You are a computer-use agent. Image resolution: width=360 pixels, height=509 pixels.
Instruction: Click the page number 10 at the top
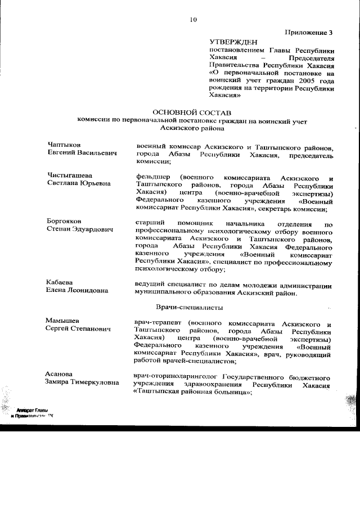(x=193, y=20)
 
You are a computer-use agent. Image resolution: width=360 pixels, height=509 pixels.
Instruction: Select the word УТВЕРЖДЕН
(x=233, y=42)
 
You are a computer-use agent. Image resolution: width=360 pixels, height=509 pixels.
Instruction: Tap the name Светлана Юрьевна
(x=79, y=184)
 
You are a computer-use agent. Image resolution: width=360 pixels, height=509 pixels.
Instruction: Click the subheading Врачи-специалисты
(x=189, y=308)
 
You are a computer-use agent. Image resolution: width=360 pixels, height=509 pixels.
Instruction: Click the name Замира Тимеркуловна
(x=85, y=382)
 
